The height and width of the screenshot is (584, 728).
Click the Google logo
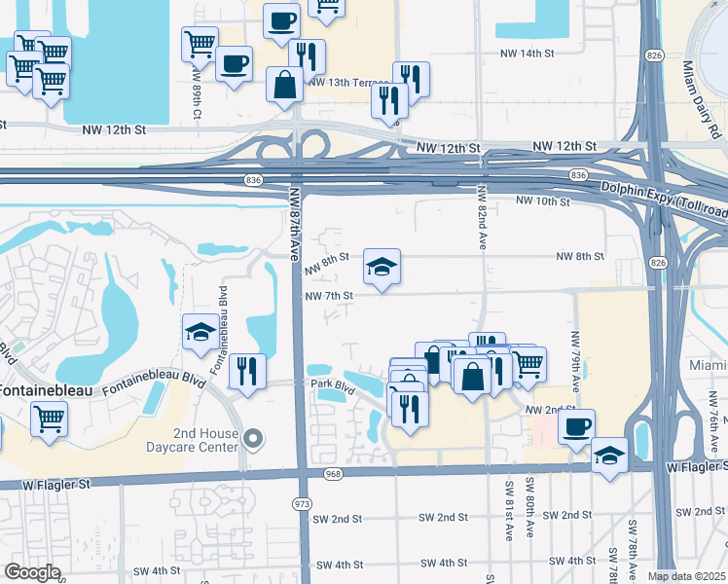[32, 572]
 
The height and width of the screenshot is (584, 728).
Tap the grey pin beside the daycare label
[253, 440]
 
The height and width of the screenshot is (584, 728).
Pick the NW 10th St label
[542, 201]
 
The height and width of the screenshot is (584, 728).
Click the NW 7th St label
[327, 295]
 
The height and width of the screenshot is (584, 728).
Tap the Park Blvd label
[331, 383]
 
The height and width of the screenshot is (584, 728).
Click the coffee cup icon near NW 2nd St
[577, 425]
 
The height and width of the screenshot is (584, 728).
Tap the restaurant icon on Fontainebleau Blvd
[247, 371]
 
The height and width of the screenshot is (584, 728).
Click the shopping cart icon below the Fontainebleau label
[49, 420]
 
